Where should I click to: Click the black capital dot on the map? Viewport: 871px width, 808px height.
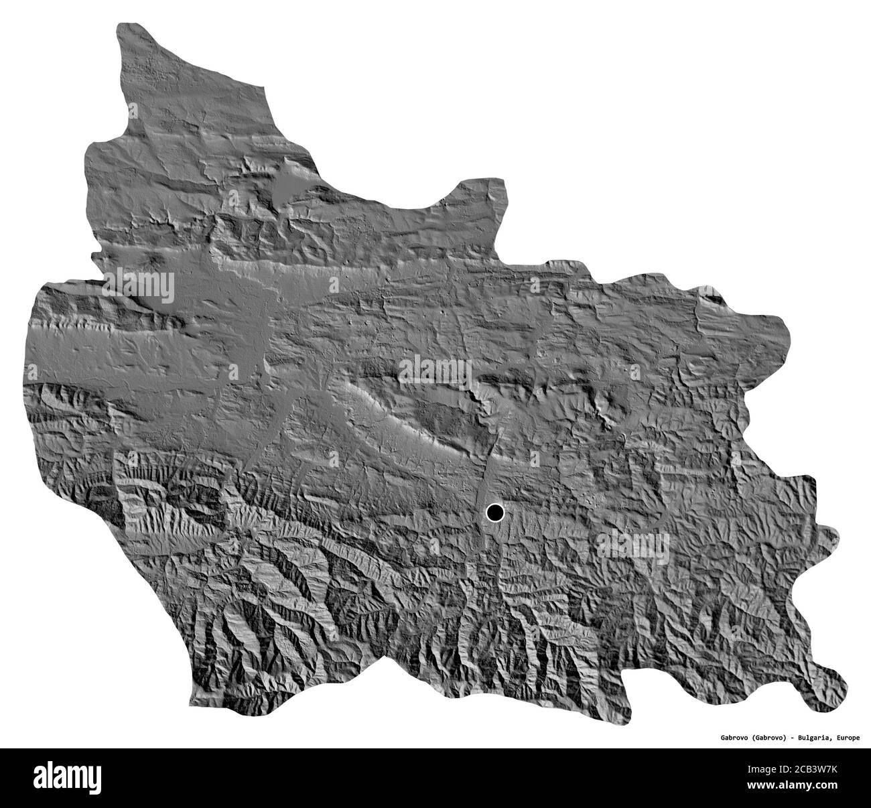click(494, 513)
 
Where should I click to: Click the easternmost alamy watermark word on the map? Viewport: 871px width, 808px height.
click(632, 541)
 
